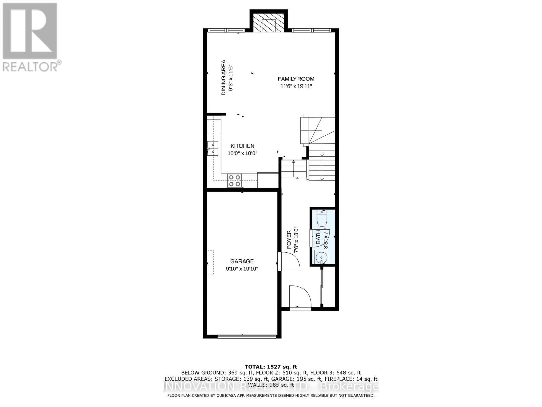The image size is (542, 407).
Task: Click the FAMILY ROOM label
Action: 296,79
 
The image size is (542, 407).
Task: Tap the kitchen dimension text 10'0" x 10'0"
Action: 242,153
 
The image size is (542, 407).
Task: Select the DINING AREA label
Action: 223,78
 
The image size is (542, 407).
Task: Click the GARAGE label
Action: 242,261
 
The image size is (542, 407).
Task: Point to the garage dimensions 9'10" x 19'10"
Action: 242,269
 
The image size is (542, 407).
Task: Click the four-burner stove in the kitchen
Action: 234,180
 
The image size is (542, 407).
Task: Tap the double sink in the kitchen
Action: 213,148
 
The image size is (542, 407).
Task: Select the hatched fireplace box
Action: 269,24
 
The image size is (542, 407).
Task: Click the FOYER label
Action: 289,239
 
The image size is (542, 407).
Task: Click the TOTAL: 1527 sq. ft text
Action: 271,367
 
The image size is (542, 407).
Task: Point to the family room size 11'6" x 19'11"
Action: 296,86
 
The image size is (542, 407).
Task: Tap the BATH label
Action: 318,237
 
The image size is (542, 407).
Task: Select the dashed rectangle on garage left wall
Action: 211,263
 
